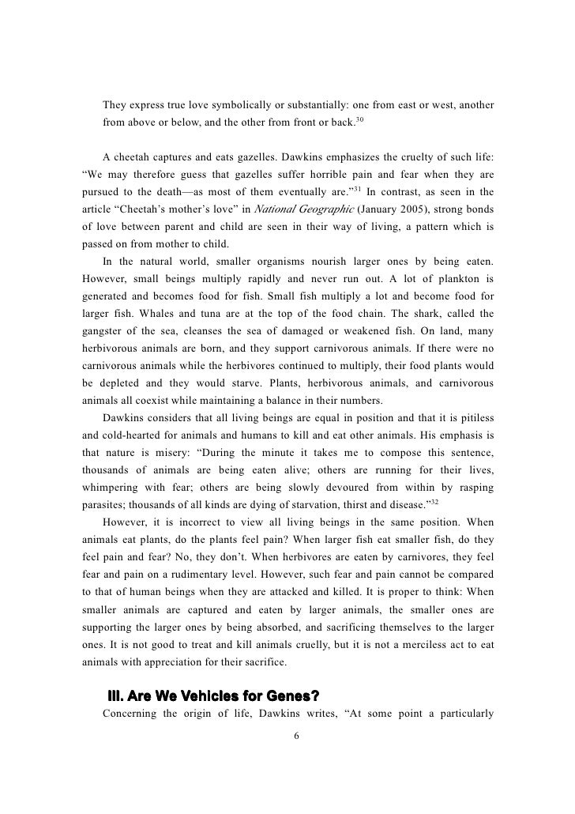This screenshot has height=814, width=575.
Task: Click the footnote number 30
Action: (x=360, y=119)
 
